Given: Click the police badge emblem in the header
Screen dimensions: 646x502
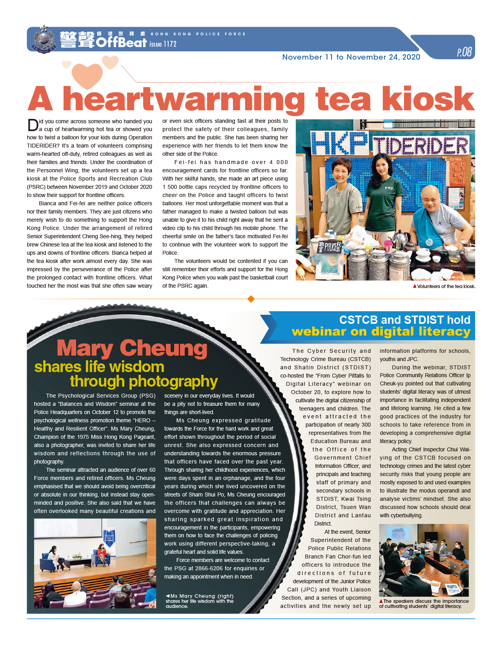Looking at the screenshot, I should tap(43, 39).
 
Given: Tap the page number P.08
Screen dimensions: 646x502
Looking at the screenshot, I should tap(464, 52).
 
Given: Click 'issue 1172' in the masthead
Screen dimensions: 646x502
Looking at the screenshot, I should tap(163, 44).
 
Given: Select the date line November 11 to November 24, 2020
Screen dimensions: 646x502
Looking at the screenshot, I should tap(351, 57).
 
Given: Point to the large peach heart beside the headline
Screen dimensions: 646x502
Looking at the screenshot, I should tap(87, 75).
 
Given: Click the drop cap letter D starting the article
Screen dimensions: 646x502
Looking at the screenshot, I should tap(33, 125).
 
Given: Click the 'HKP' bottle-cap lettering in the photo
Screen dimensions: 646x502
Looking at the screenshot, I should tap(339, 144).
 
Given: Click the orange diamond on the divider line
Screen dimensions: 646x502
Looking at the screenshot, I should tap(251, 299).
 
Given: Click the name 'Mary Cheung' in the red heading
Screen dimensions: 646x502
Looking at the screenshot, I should tap(132, 348).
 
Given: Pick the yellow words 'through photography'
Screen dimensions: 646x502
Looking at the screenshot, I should tap(144, 381).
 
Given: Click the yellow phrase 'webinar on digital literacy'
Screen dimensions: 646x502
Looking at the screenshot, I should tap(381, 332).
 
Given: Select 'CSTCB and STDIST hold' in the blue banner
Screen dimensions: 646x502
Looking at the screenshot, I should tap(404, 320).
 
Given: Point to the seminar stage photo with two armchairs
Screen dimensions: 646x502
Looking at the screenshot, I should tap(95, 563).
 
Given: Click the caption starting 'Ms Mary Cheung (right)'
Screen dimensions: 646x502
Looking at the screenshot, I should tap(200, 601).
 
